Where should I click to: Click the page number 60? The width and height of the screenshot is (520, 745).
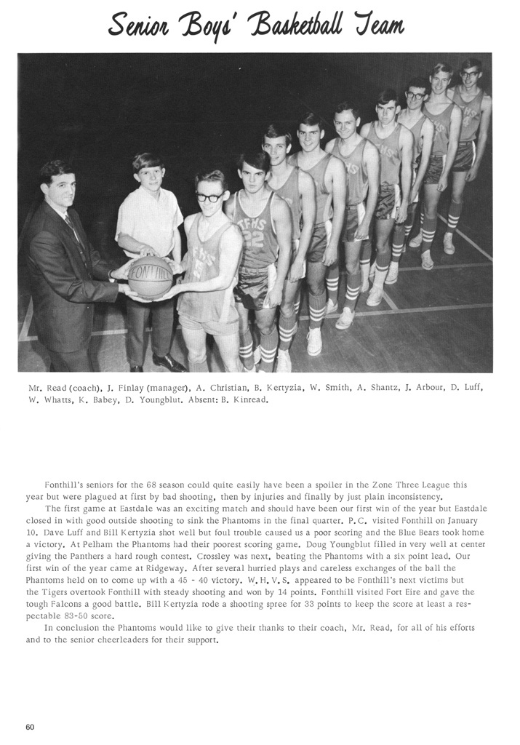click(30, 726)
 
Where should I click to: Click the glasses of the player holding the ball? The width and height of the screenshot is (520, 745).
click(209, 196)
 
